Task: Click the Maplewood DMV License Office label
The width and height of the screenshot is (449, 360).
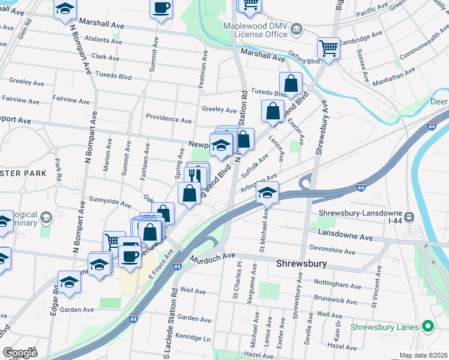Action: click(255, 30)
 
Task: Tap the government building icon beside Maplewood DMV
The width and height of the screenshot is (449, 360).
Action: click(297, 29)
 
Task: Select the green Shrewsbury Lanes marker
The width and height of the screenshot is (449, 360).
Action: click(428, 327)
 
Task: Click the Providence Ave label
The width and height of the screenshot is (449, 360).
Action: click(169, 119)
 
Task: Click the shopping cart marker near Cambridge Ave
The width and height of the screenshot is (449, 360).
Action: click(328, 47)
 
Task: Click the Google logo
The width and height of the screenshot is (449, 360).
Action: click(20, 353)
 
